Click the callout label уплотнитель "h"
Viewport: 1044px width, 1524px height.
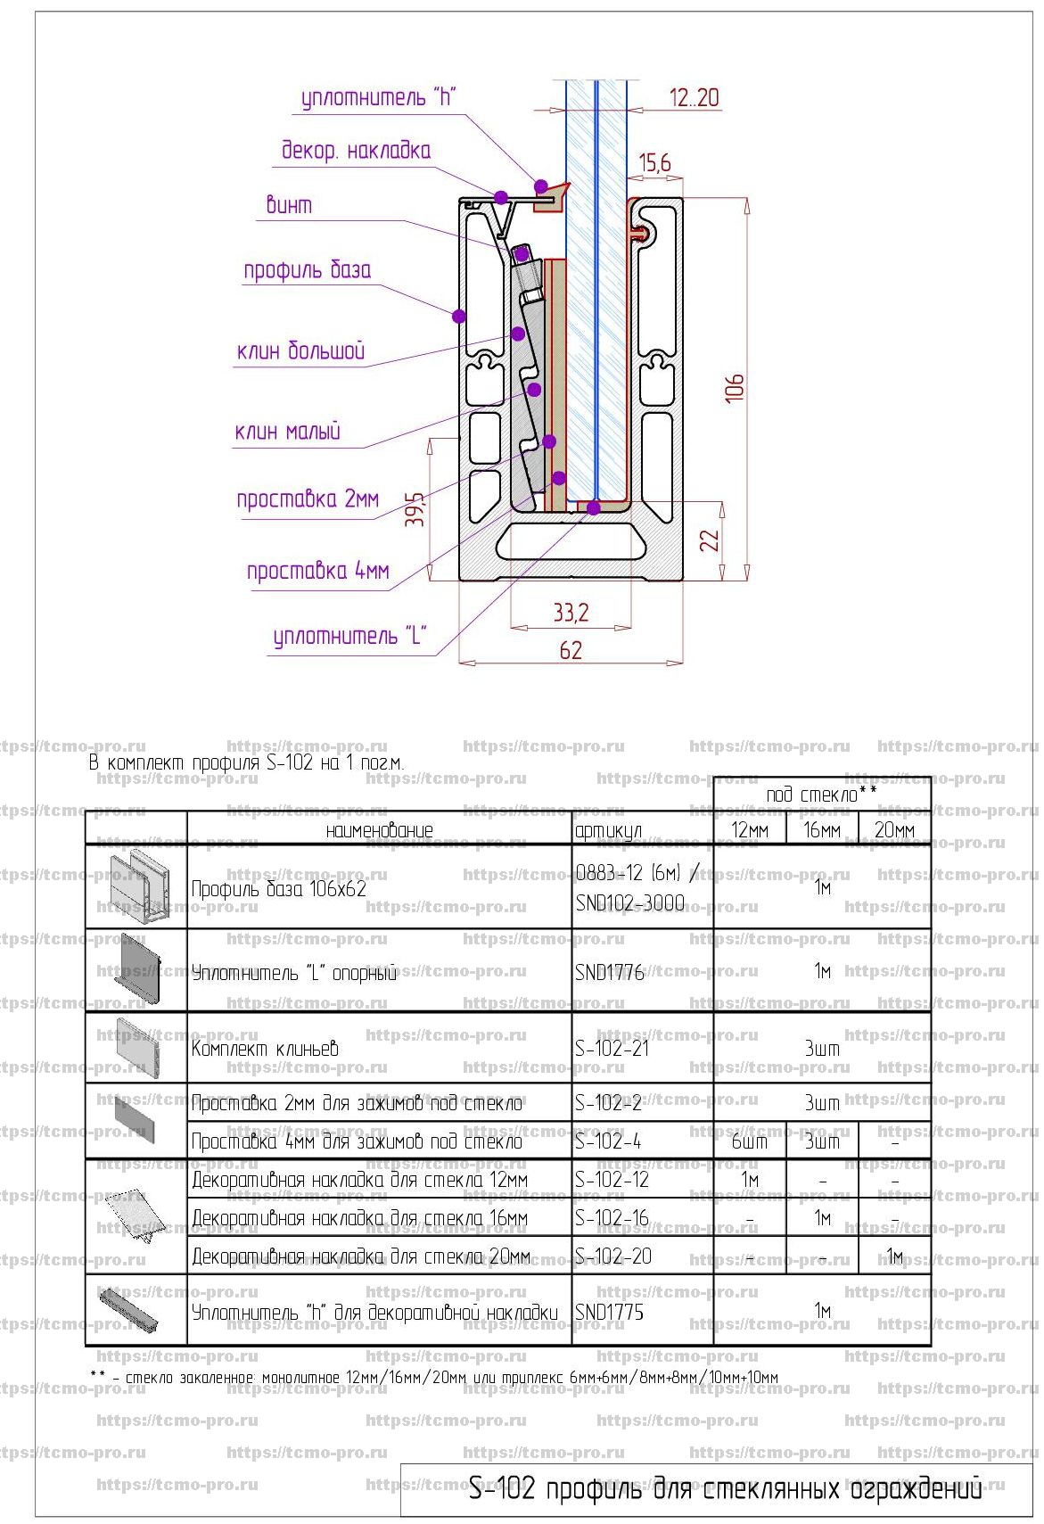(378, 97)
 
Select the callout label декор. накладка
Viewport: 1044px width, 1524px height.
(356, 150)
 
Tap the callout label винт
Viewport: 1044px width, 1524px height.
(289, 205)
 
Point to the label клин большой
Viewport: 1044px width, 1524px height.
(300, 350)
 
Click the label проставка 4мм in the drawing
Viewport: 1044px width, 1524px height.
(317, 571)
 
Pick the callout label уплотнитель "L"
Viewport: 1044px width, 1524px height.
(349, 637)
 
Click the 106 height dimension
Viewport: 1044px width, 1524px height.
(735, 388)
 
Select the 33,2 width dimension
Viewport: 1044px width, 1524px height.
(571, 613)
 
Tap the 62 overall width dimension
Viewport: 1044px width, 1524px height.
(571, 650)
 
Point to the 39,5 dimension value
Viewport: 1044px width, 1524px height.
(415, 509)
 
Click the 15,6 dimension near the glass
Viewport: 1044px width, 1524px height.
(654, 163)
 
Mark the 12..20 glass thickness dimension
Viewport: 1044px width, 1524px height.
(694, 97)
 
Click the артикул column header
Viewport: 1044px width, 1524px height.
(608, 831)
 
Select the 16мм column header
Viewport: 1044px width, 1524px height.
(821, 830)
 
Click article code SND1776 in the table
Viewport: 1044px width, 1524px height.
(610, 972)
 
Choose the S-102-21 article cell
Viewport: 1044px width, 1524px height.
(612, 1049)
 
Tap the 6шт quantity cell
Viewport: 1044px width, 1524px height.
(749, 1141)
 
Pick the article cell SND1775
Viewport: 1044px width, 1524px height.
(610, 1312)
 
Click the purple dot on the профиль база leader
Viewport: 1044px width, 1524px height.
(459, 316)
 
